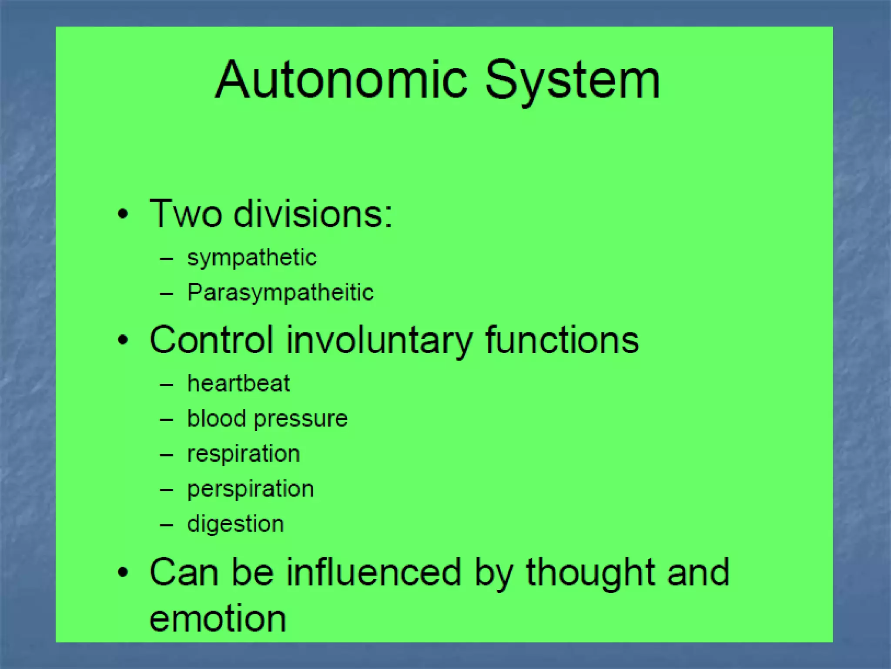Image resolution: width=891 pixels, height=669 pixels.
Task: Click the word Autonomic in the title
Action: point(342,80)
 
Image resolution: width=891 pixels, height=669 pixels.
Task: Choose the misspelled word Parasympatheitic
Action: point(281,293)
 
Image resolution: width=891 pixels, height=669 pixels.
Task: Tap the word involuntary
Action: point(379,341)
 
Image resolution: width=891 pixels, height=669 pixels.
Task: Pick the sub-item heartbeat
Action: point(238,384)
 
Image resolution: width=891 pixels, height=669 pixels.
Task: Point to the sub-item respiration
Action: point(244,454)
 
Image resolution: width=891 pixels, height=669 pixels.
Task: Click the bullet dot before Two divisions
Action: point(123,214)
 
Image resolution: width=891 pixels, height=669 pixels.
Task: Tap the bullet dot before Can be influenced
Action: point(123,572)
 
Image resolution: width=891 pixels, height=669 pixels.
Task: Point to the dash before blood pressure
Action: point(166,420)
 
